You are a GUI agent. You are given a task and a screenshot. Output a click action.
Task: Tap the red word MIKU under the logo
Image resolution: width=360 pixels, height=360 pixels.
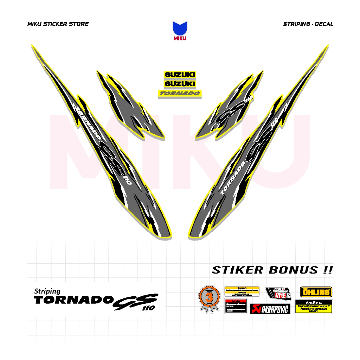[x=180, y=38]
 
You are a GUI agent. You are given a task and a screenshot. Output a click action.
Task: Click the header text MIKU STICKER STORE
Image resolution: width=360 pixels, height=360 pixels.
[x=58, y=24]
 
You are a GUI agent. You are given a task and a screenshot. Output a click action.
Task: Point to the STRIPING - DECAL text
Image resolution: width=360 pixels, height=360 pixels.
[x=308, y=24]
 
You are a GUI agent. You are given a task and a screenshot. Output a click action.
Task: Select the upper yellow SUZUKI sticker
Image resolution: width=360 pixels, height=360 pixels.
[x=180, y=75]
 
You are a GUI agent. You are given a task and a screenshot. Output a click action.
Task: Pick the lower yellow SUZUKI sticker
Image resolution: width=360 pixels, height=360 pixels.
[x=180, y=84]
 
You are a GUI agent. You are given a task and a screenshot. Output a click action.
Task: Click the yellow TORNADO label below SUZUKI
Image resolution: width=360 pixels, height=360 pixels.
[x=180, y=94]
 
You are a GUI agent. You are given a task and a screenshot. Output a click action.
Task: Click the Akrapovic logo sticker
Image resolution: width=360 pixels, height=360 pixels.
[x=270, y=309]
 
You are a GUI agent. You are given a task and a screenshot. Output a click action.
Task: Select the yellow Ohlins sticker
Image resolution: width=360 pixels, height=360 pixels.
[x=316, y=292]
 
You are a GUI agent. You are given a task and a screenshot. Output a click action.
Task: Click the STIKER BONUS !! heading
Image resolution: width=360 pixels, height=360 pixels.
[x=272, y=270]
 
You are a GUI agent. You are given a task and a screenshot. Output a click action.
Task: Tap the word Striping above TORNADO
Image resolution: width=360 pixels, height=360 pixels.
[x=47, y=291]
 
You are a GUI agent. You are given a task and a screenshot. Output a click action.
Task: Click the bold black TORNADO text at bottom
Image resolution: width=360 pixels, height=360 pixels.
[x=73, y=300]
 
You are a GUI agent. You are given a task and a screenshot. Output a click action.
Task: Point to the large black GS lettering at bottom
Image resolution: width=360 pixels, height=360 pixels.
[x=135, y=302]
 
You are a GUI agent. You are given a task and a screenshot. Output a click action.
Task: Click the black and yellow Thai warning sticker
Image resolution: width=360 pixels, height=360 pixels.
[x=314, y=307]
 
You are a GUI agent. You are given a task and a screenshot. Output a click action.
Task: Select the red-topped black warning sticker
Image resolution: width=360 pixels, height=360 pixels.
[x=236, y=306]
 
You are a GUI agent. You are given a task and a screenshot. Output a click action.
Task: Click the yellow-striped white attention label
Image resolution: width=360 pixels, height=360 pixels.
[x=242, y=291]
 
